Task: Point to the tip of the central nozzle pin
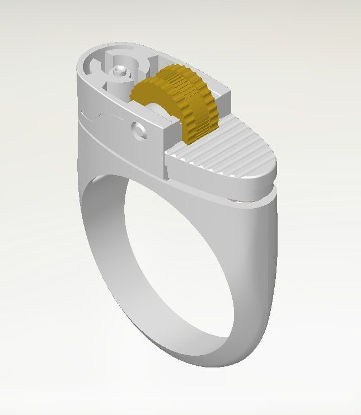click(119, 70)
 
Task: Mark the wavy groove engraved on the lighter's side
click(106, 117)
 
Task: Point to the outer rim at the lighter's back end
click(84, 62)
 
